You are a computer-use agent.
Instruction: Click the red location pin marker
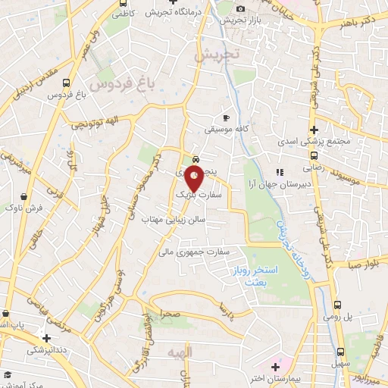point(195,179)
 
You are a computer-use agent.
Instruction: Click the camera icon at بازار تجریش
point(241,8)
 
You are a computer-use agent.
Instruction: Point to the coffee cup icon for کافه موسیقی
point(225,118)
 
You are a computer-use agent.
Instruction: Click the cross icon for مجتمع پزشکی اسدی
point(314,130)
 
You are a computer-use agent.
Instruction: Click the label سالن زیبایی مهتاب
point(174,220)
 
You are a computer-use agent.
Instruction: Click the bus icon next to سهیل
point(340,352)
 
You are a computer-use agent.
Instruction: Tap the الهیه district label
point(204,352)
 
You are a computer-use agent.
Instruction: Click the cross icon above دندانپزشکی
point(47,338)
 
